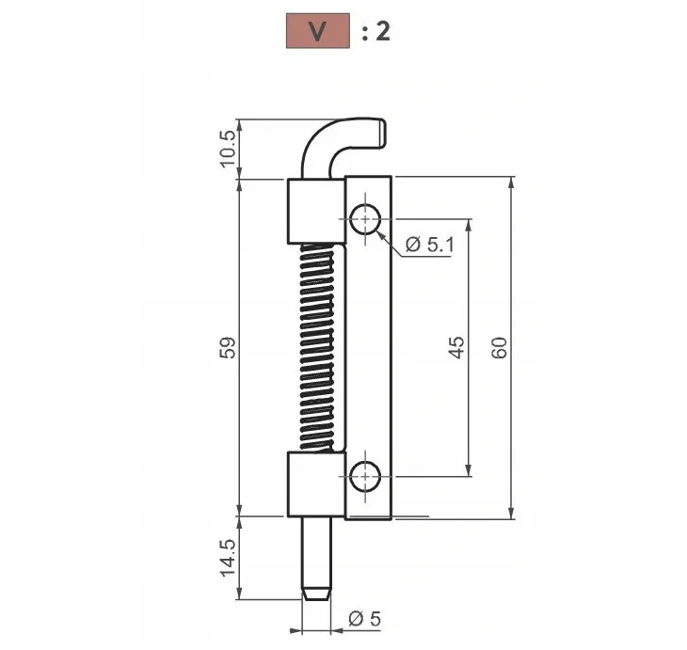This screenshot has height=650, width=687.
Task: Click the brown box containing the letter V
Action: (318, 31)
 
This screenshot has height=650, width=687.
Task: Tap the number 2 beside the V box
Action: (382, 32)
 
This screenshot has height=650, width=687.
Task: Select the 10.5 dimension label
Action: (228, 149)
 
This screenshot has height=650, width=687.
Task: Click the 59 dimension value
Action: (228, 347)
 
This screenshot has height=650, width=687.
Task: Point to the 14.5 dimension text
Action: (228, 558)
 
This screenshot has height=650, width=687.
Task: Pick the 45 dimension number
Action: (457, 347)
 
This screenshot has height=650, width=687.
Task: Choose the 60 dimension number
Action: (499, 348)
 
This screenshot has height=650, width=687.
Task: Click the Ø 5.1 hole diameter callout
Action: (430, 244)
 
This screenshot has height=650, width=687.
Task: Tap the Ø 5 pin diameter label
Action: (364, 619)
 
